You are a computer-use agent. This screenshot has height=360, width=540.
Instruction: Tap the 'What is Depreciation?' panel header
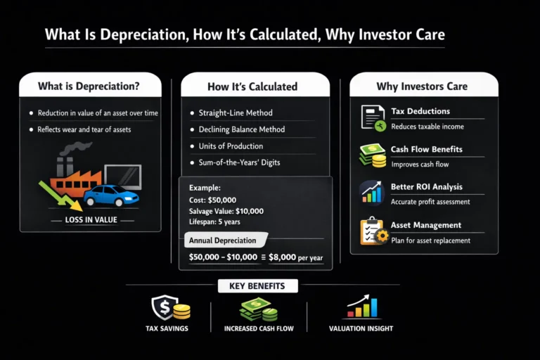tap(89, 86)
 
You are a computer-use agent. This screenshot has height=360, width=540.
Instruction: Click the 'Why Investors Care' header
tap(422, 86)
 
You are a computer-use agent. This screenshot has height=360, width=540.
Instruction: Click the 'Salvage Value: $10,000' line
tap(226, 211)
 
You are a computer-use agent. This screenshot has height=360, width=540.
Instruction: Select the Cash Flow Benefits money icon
tap(372, 155)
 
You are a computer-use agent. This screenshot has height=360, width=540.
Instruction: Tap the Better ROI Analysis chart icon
tap(371, 193)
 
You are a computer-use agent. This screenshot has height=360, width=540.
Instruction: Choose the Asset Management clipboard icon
tap(372, 231)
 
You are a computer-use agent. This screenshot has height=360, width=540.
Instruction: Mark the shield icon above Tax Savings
tap(162, 307)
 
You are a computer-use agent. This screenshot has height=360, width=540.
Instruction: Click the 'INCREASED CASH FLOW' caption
tap(259, 328)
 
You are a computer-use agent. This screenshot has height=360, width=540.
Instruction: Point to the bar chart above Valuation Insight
tap(362, 307)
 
